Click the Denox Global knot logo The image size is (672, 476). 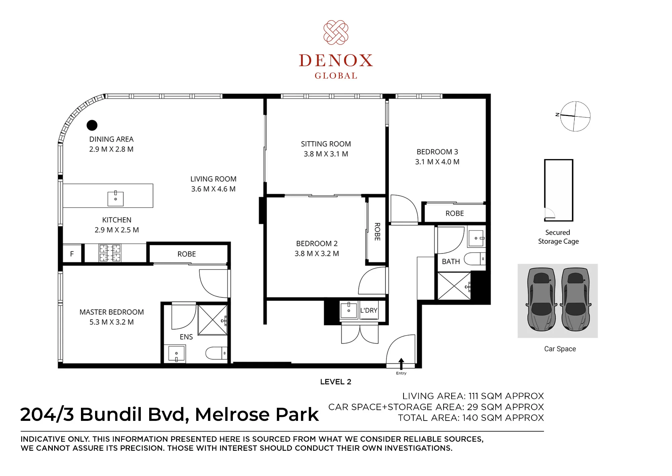336,32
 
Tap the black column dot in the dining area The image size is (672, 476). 92,125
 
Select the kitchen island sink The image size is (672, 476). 116,199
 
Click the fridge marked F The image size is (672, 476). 72,254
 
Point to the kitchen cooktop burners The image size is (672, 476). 110,253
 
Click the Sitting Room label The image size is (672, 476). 326,144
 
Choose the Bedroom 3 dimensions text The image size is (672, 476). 437,162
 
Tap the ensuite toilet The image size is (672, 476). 216,353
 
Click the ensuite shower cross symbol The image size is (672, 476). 213,320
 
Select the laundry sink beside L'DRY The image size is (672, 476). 349,310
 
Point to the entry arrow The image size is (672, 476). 401,364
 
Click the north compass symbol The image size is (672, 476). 575,116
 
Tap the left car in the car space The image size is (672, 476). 541,299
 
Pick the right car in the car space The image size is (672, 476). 576,299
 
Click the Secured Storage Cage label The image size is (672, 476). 558,237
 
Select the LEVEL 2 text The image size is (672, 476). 336,382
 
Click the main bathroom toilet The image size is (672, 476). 475,259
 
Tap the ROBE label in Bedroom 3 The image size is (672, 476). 455,213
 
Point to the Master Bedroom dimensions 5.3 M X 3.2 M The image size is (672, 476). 112,322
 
